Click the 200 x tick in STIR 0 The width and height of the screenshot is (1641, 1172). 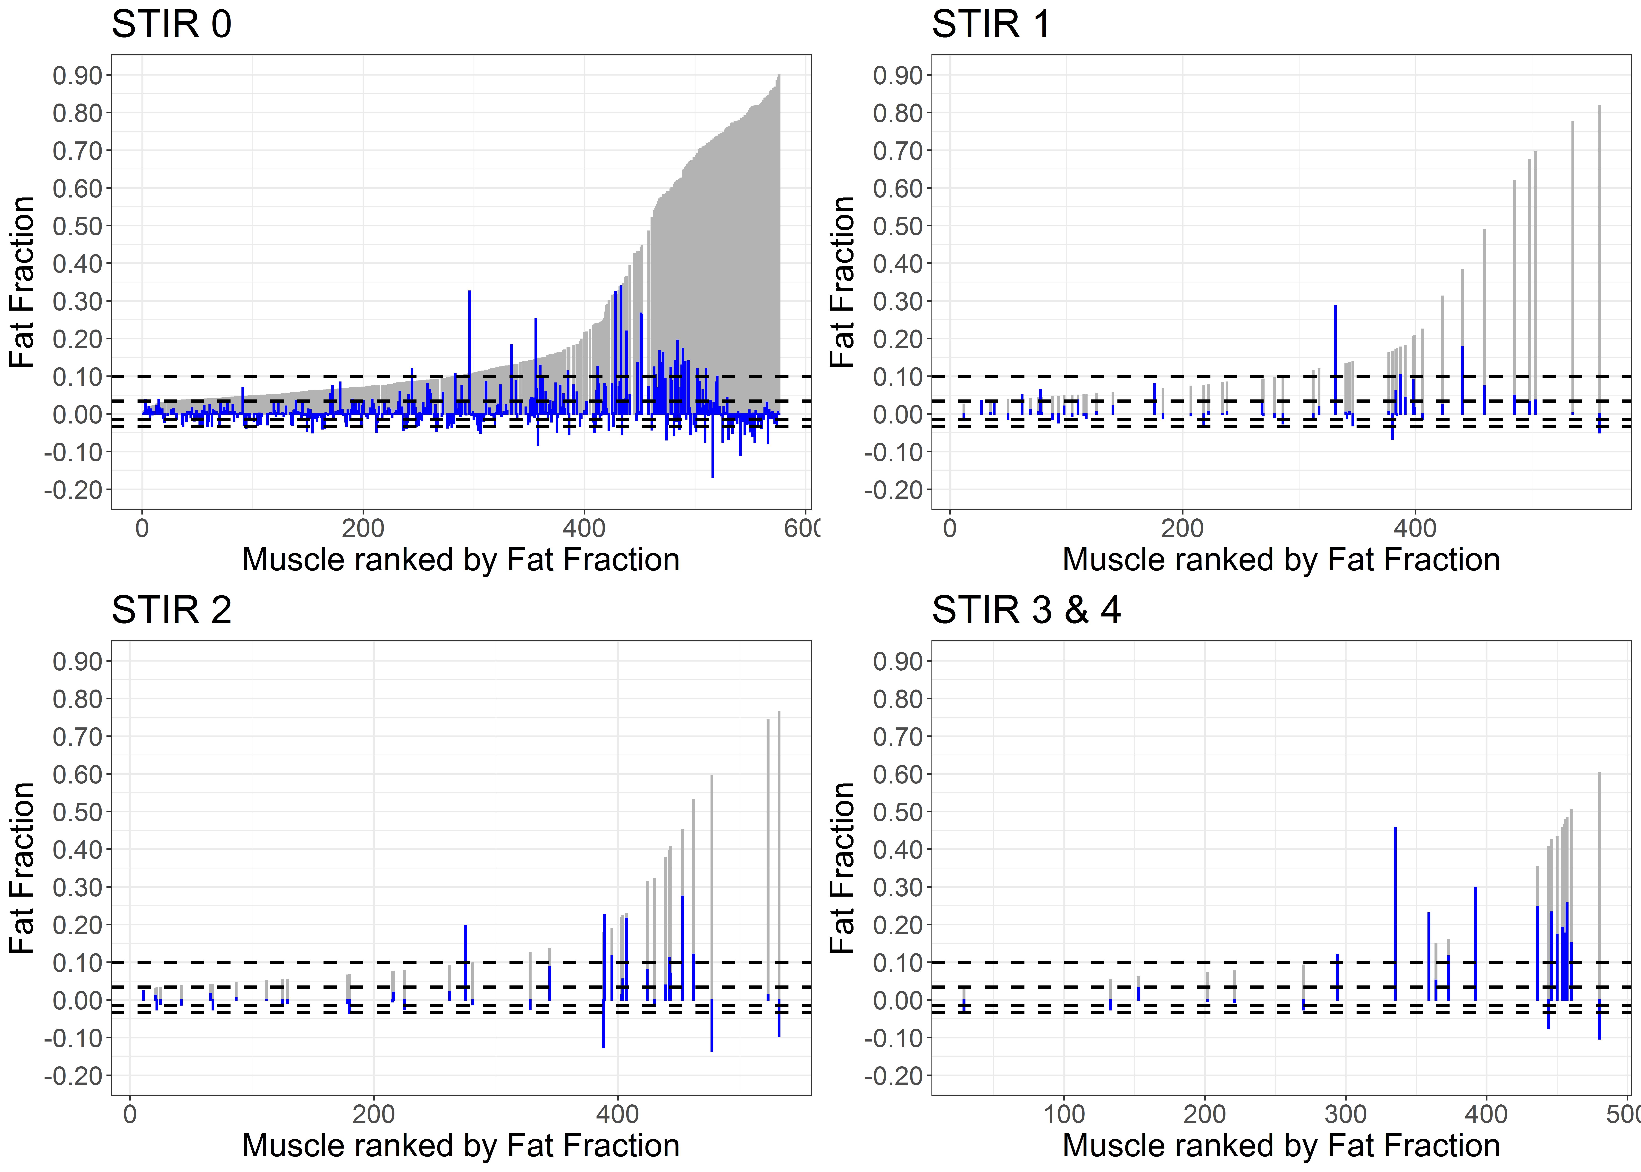(x=363, y=528)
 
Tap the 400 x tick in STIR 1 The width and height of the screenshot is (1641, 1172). (x=1415, y=528)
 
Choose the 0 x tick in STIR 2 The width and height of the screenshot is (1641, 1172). (x=130, y=1114)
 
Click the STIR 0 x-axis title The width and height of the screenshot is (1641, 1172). (x=461, y=560)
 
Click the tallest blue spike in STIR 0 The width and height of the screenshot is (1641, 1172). (x=470, y=352)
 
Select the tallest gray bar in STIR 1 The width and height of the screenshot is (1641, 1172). (x=1599, y=260)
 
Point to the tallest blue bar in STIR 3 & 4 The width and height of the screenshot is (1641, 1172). (x=1395, y=914)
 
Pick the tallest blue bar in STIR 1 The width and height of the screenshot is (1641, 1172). (x=1335, y=359)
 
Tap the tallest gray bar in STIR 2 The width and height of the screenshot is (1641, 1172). (x=779, y=856)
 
